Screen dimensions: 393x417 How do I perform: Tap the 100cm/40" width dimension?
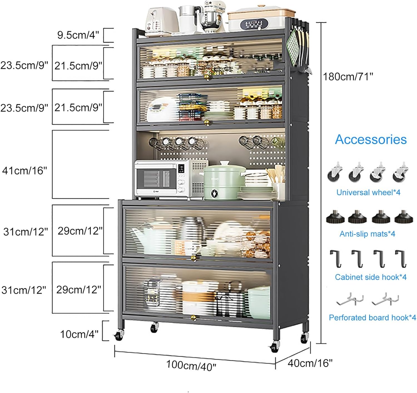pyautogui.click(x=191, y=365)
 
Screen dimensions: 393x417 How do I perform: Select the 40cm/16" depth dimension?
pyautogui.click(x=310, y=363)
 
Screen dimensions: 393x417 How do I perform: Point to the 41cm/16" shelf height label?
pyautogui.click(x=24, y=170)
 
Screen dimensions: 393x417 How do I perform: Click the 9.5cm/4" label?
pyautogui.click(x=78, y=35)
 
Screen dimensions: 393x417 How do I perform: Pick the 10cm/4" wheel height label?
pyautogui.click(x=79, y=334)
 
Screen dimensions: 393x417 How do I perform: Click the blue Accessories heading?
pyautogui.click(x=371, y=139)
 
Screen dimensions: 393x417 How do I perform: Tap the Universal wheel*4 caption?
pyautogui.click(x=368, y=192)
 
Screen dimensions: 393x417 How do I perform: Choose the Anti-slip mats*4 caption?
pyautogui.click(x=367, y=234)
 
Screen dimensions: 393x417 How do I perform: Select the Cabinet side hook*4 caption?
pyautogui.click(x=371, y=277)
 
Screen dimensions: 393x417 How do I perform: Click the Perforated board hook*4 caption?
pyautogui.click(x=372, y=317)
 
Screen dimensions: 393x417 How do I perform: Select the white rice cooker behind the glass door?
pyautogui.click(x=160, y=109)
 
